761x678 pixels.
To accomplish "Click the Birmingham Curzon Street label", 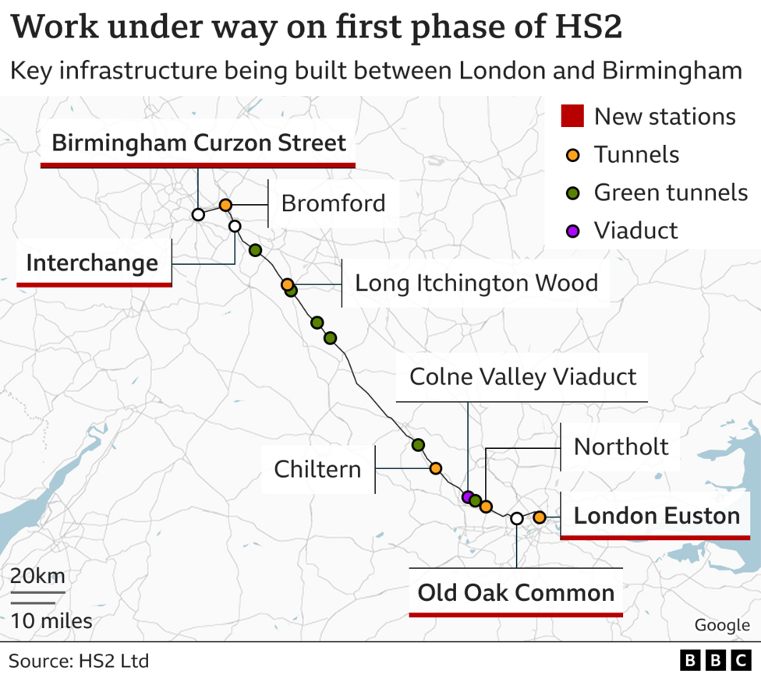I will [x=198, y=143].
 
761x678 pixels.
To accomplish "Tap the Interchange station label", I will [x=92, y=263].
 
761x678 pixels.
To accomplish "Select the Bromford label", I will [x=333, y=203].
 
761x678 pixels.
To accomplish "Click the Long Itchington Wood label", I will [x=476, y=282].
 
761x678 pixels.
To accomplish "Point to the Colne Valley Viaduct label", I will [x=522, y=377].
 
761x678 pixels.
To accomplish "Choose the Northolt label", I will [x=621, y=447].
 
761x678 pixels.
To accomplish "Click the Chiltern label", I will [x=317, y=469].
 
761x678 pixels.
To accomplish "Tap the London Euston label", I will [x=657, y=516].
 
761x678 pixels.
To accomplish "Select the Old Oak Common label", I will [x=515, y=593].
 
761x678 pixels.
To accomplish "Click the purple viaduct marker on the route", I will [x=467, y=496].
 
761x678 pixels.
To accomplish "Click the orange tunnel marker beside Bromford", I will [x=225, y=204].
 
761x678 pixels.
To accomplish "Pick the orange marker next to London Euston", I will [x=539, y=517].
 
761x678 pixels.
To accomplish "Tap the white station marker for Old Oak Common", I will [x=516, y=518].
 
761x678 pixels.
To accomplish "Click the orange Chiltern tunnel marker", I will [x=435, y=468].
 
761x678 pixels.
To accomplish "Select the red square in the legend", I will [x=572, y=117].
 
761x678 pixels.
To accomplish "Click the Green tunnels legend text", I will [x=670, y=192].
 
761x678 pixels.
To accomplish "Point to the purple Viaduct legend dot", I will [x=572, y=231].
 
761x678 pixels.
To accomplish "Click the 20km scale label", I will [x=37, y=577].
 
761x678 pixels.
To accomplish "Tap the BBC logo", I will [x=715, y=661].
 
